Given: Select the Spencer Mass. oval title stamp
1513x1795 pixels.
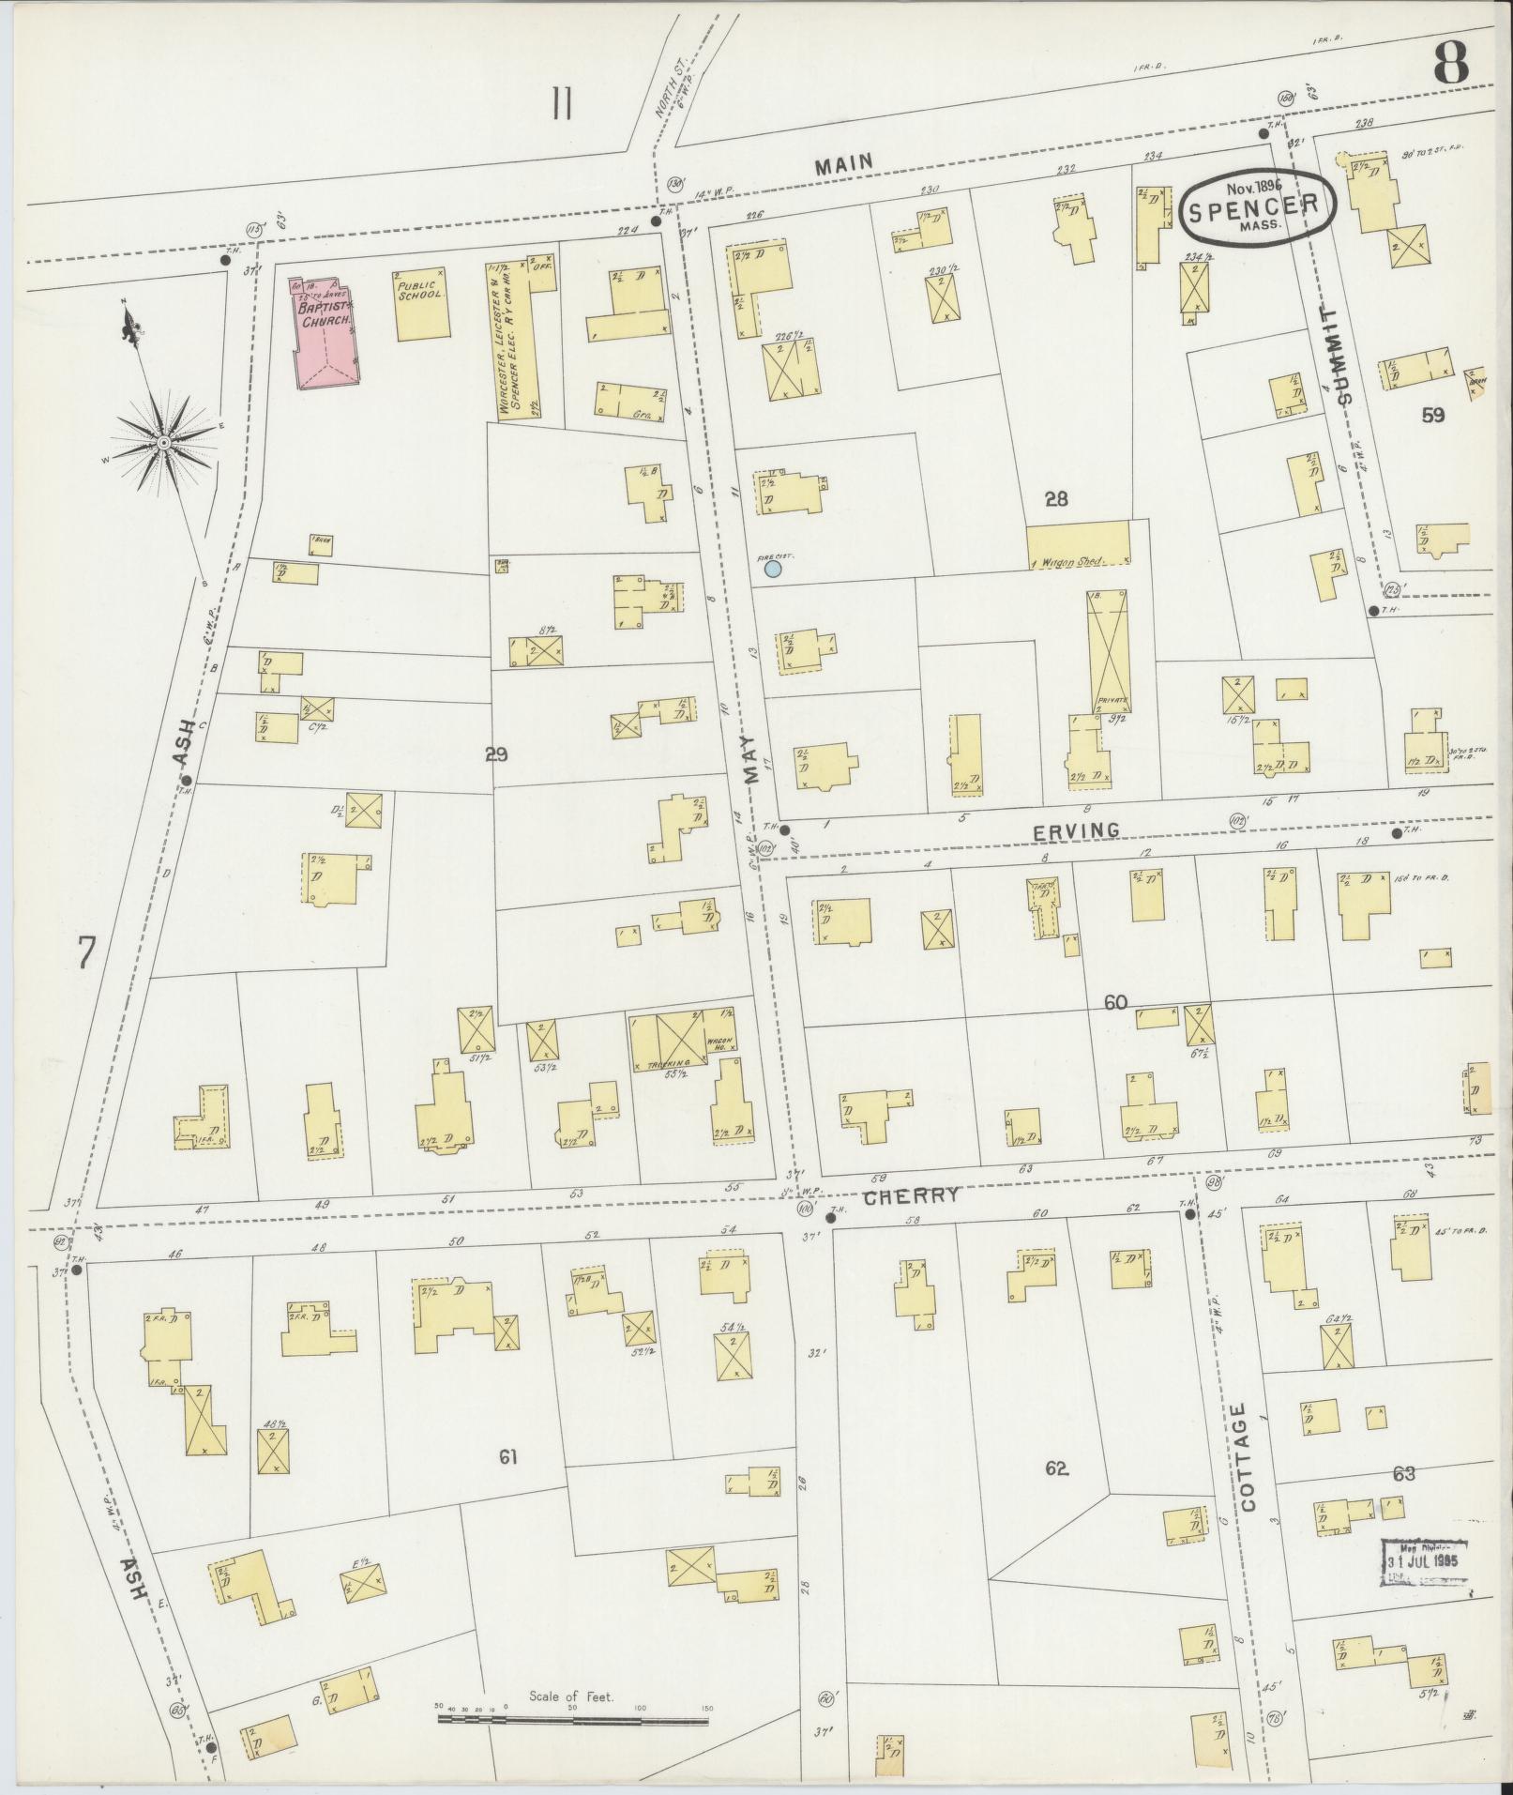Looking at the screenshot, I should (1259, 207).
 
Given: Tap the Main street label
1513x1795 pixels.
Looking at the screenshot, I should (843, 164).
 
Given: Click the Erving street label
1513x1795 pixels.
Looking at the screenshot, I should (1076, 829).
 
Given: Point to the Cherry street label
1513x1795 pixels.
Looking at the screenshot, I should (911, 1194).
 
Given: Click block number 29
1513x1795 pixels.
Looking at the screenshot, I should (496, 753).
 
